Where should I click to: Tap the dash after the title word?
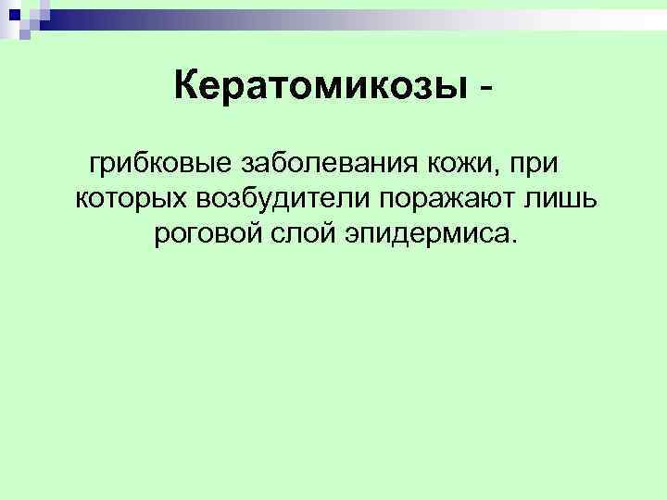[485, 90]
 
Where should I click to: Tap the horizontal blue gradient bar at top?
[352, 18]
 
